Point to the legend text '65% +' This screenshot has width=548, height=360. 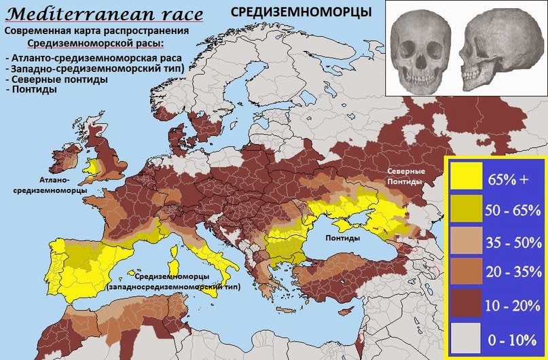(507, 179)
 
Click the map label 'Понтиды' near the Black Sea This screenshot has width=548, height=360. (343, 238)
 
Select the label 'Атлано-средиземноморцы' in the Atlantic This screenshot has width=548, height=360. (50, 185)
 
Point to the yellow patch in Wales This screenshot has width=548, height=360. (90, 165)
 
